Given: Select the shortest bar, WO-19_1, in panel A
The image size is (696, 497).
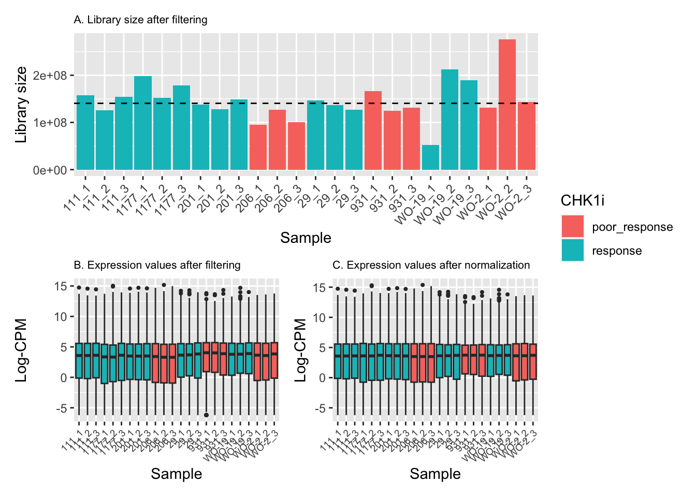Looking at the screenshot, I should coord(430,157).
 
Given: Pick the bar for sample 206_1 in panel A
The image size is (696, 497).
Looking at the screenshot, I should coord(258,148).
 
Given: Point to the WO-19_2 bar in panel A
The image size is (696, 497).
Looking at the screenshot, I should coord(450,120).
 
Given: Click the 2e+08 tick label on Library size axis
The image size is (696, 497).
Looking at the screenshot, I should coord(50,76).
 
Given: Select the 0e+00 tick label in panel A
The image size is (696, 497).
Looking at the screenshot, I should coord(50,170).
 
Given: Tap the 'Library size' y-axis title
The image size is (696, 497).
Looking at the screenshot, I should coord(21,105).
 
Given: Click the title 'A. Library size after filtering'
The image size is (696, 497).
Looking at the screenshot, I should coord(140,20).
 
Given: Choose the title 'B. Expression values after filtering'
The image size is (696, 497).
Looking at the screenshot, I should coord(157,265).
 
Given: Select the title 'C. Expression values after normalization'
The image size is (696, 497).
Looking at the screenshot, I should coord(431,265).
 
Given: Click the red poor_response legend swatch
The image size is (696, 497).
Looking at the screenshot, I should coord(573,227).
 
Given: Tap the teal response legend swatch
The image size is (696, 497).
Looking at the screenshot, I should coord(573,251).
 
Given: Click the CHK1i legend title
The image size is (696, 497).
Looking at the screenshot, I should coord(583,201).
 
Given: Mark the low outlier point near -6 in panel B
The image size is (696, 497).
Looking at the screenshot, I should coord(206,415).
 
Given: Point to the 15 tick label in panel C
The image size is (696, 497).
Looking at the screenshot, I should coord(320,288).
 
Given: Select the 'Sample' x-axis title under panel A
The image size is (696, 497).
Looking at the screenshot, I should coord(306,238).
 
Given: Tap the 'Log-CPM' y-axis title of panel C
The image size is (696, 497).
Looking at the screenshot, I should coord(300,350).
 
